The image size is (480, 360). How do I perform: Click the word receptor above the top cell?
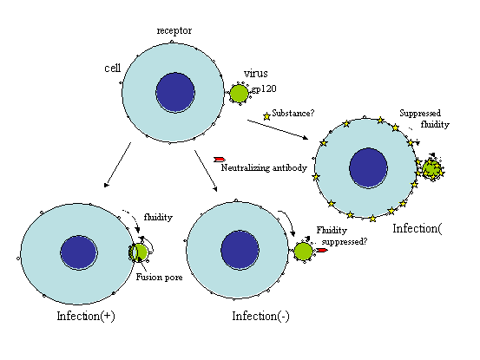(174, 31)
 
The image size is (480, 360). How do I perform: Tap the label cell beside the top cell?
(113, 68)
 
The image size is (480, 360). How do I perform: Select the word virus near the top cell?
(256, 74)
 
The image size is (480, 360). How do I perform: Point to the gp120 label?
(264, 89)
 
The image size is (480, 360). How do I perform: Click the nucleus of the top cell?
(175, 92)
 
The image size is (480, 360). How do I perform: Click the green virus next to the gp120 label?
(239, 94)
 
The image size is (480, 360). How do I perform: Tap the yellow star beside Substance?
(266, 116)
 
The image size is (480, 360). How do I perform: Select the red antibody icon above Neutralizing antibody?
(220, 160)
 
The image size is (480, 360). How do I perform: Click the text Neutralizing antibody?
(264, 168)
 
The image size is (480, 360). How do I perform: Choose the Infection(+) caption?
(86, 317)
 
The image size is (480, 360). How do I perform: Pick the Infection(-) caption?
(260, 317)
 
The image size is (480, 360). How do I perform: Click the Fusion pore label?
(159, 278)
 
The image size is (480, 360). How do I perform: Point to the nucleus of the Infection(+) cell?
(79, 252)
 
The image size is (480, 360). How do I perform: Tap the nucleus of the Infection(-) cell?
(240, 250)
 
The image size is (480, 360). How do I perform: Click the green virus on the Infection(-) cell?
(304, 252)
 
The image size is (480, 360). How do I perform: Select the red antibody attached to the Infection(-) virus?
(322, 250)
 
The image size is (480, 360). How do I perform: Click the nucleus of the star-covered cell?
(369, 167)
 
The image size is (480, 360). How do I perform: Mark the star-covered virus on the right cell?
(432, 168)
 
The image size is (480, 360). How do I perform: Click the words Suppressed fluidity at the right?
(424, 119)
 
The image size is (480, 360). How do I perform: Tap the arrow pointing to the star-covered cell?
(278, 129)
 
